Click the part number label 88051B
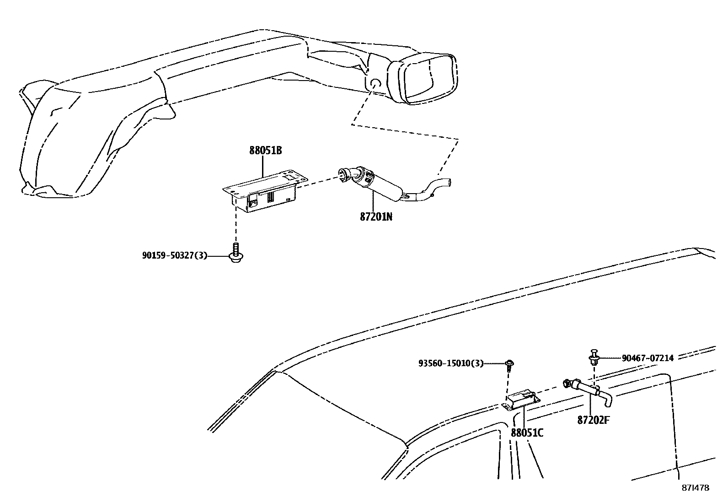[x=265, y=151]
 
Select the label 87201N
[x=376, y=216]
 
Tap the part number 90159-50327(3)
[x=174, y=255]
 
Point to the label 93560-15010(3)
[x=450, y=363]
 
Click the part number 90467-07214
[x=648, y=358]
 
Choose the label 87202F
[x=593, y=420]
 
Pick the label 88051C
[x=527, y=433]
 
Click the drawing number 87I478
[x=695, y=488]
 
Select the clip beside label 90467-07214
[x=594, y=357]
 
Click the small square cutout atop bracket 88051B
[x=289, y=176]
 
